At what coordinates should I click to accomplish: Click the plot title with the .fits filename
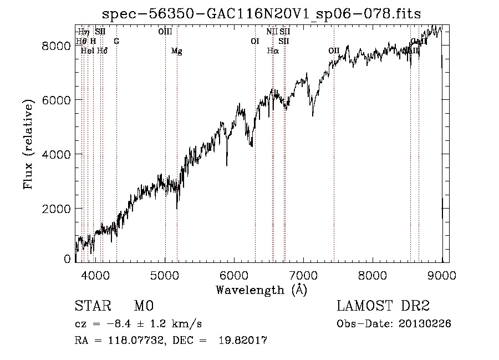tap(261, 14)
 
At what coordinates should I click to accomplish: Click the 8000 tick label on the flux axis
tap(57, 46)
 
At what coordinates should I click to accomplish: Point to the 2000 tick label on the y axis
tap(57, 209)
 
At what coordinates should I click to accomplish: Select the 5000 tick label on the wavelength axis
tap(165, 274)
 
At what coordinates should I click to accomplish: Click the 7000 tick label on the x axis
tap(303, 274)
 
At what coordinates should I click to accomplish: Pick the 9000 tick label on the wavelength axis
tap(442, 274)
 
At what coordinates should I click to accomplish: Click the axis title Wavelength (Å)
tap(261, 290)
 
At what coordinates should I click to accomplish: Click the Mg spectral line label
tap(176, 51)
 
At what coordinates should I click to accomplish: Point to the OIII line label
tap(165, 32)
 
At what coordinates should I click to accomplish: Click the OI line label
tap(255, 41)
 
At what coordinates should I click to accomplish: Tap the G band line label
tap(116, 41)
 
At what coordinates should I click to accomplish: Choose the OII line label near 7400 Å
tap(334, 51)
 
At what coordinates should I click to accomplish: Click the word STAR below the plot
tap(89, 307)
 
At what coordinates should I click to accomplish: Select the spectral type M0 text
tap(143, 307)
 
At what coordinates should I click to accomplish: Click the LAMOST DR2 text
tap(383, 307)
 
